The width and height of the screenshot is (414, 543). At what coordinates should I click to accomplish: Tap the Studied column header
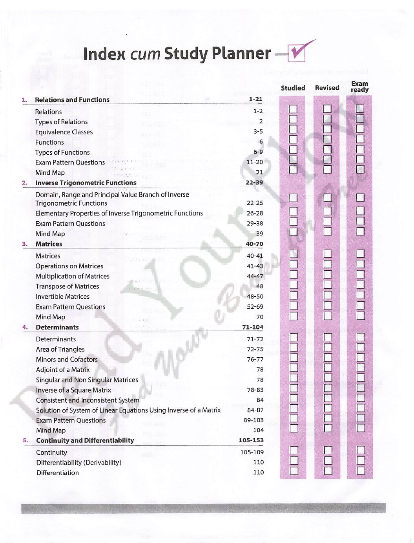click(293, 88)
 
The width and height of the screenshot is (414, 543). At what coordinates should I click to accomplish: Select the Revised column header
click(327, 88)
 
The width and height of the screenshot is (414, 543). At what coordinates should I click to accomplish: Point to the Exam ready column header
click(359, 87)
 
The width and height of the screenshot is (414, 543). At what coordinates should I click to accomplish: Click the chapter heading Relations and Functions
click(72, 100)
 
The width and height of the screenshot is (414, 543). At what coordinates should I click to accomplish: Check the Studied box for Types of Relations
click(293, 119)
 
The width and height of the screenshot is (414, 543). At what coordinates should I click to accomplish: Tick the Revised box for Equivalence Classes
click(327, 129)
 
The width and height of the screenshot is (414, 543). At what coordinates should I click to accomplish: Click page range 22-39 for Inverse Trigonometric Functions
click(254, 183)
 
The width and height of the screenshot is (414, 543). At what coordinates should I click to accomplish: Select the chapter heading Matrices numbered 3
click(49, 244)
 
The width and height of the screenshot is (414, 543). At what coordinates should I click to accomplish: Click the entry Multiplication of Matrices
click(73, 276)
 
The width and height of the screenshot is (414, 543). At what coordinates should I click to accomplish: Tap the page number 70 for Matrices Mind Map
click(260, 317)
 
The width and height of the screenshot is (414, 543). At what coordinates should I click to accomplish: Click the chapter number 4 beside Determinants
click(25, 327)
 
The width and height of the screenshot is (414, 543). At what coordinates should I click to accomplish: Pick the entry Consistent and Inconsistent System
click(88, 400)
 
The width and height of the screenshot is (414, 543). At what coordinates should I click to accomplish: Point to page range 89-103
click(254, 420)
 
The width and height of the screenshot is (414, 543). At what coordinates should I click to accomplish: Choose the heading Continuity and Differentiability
click(85, 440)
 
